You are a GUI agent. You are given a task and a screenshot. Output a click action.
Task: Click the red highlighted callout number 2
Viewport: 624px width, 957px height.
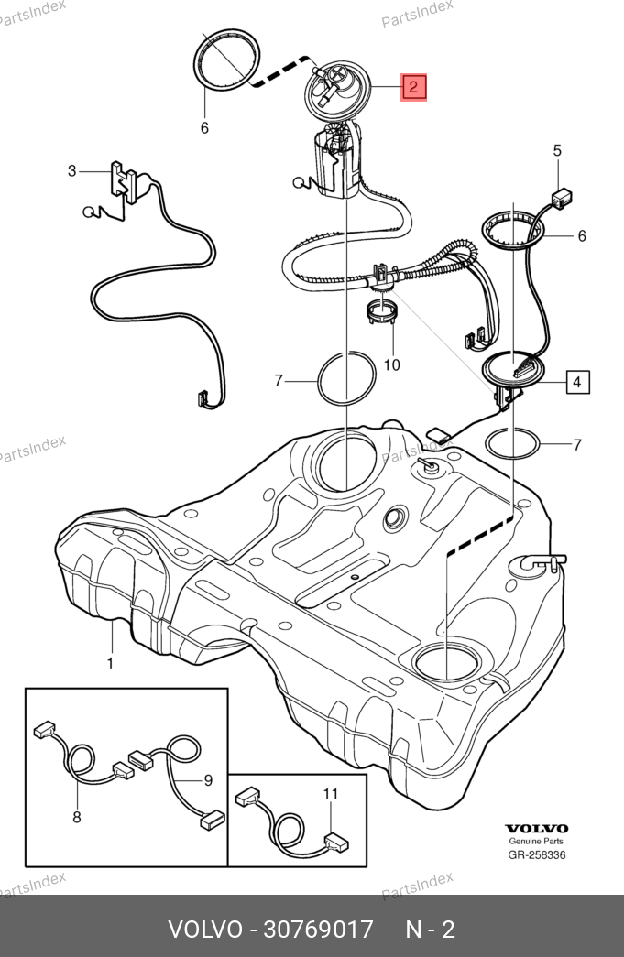pos(413,87)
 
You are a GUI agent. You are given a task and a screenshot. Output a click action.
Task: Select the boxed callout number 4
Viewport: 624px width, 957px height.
pos(577,381)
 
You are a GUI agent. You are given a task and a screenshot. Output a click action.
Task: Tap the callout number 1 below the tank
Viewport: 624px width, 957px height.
pos(110,662)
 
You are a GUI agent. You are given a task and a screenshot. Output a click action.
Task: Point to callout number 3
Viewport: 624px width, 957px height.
pos(71,170)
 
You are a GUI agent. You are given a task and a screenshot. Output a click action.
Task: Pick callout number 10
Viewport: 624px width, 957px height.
pos(391,364)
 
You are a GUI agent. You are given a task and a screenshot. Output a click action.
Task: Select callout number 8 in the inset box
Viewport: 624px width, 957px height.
pos(76,817)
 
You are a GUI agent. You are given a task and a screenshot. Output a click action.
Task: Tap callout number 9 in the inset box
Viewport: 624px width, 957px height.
pos(208,780)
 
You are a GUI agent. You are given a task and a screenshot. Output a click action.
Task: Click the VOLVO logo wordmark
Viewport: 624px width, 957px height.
pos(537,828)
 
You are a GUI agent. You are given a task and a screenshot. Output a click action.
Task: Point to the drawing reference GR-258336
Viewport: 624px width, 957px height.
pos(537,855)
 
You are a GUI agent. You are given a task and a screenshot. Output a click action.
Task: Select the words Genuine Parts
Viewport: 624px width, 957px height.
pos(537,842)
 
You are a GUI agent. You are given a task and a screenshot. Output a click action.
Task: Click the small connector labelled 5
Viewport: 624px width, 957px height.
pos(561,195)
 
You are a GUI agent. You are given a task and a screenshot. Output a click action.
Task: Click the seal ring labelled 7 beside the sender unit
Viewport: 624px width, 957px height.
pos(512,445)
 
